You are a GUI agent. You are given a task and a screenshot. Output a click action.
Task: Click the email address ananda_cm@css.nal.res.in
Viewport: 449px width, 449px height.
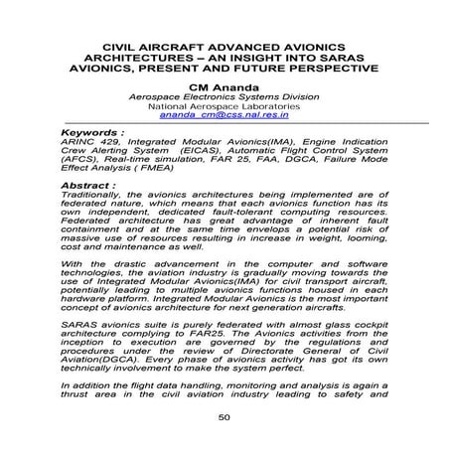click(224, 115)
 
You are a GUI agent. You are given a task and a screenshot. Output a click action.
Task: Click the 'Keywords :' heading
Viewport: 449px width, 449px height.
click(93, 132)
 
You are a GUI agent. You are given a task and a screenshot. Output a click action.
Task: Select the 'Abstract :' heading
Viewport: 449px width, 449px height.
click(89, 185)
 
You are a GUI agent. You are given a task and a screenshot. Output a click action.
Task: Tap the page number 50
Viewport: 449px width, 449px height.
click(224, 416)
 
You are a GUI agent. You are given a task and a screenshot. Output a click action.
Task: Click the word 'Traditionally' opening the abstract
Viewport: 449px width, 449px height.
click(96, 195)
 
